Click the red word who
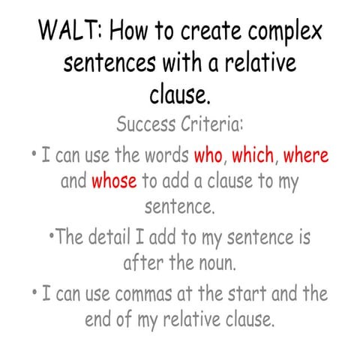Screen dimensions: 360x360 [208, 157]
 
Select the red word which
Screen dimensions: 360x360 [253, 157]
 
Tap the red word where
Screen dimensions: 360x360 [306, 157]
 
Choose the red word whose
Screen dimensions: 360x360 [114, 181]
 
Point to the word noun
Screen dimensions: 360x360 [220, 264]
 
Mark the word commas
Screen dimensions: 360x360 [151, 293]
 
